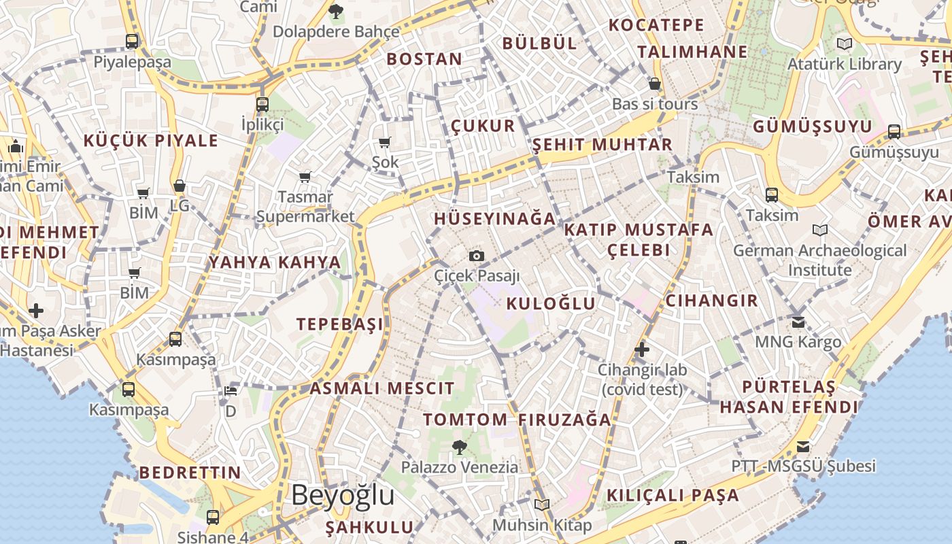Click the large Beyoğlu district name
pos(343,495)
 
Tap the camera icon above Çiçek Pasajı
pos(477,256)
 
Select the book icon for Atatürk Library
pos(845,44)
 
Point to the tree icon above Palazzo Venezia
pos(459,447)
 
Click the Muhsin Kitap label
pos(542,525)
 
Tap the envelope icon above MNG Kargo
pos(798,321)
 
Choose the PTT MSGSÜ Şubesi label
pos(803,466)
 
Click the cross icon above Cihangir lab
pos(641,350)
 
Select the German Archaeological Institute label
pos(819,260)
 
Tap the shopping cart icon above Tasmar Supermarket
pos(305,177)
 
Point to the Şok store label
pos(385,162)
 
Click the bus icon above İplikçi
pos(262,105)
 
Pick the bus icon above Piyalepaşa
pos(132,41)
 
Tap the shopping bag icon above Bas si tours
pos(655,84)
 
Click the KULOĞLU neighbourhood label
pos(551,303)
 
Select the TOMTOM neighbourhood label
pos(466,420)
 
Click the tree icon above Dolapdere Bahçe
pos(335,11)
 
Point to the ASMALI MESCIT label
pos(382,389)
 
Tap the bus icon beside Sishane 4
pos(213,517)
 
